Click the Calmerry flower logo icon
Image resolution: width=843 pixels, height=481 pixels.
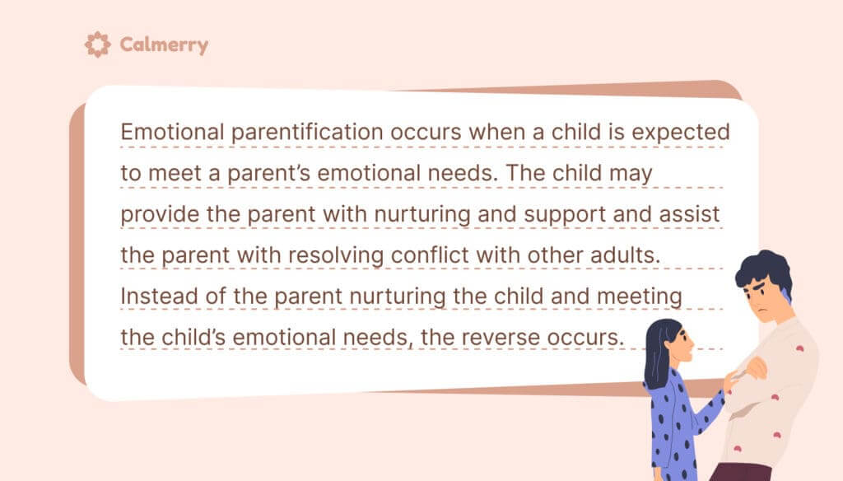click(x=98, y=44)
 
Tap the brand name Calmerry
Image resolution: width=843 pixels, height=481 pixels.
click(x=164, y=44)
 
